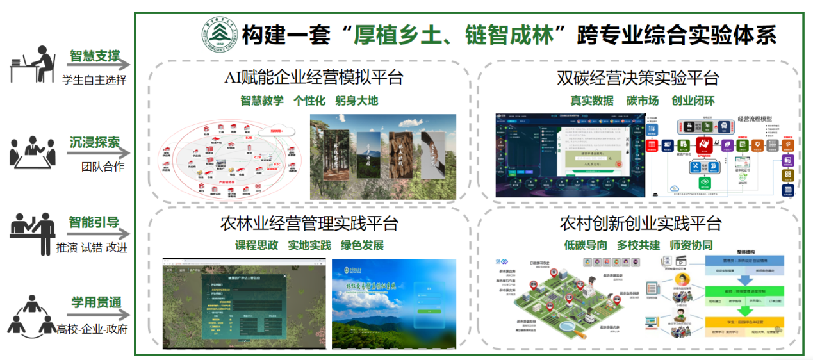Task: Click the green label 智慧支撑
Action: (x=95, y=56)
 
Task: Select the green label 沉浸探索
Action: (x=95, y=142)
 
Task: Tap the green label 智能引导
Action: (x=95, y=223)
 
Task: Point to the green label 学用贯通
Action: (x=95, y=303)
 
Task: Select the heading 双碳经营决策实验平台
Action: (x=637, y=78)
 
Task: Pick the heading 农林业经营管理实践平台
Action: (x=309, y=224)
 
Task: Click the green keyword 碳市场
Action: (x=642, y=101)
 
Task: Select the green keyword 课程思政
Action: (x=256, y=246)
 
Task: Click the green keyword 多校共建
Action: (x=638, y=246)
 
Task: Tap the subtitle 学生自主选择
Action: (x=95, y=80)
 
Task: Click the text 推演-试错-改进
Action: (x=92, y=248)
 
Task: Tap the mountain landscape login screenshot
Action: (x=394, y=304)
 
